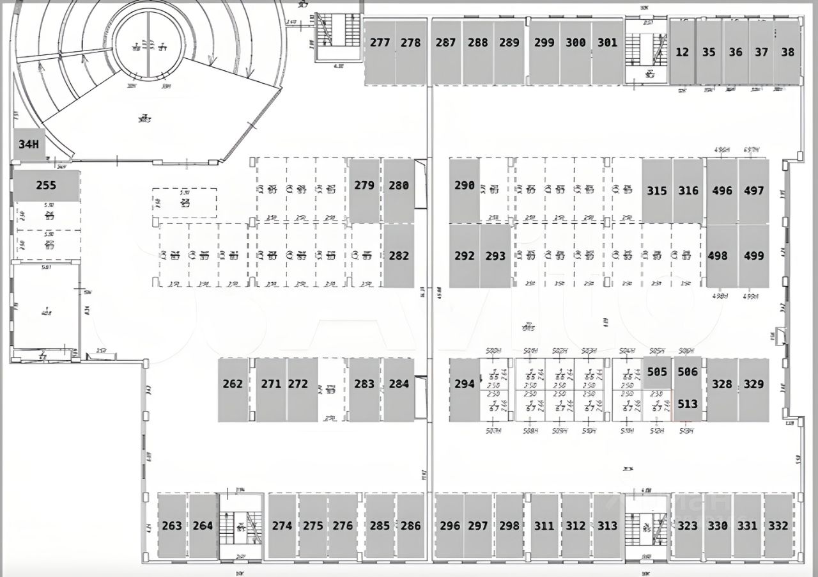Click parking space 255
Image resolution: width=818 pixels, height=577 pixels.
(x=47, y=186)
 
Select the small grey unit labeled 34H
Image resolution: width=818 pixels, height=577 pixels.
(x=29, y=145)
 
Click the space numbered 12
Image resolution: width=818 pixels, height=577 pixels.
(x=683, y=52)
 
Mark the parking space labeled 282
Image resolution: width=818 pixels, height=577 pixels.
(x=399, y=255)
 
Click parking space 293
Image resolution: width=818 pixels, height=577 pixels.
(x=495, y=255)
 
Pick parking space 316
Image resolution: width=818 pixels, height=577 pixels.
(x=688, y=191)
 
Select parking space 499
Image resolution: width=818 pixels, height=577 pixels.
(x=753, y=255)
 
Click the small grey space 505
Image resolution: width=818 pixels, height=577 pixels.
(x=657, y=372)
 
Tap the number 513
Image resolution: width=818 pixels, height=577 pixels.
(x=688, y=404)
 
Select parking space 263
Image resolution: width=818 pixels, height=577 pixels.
(x=172, y=525)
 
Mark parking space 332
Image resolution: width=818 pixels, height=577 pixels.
(x=778, y=525)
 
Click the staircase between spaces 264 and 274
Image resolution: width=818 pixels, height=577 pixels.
(x=241, y=526)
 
